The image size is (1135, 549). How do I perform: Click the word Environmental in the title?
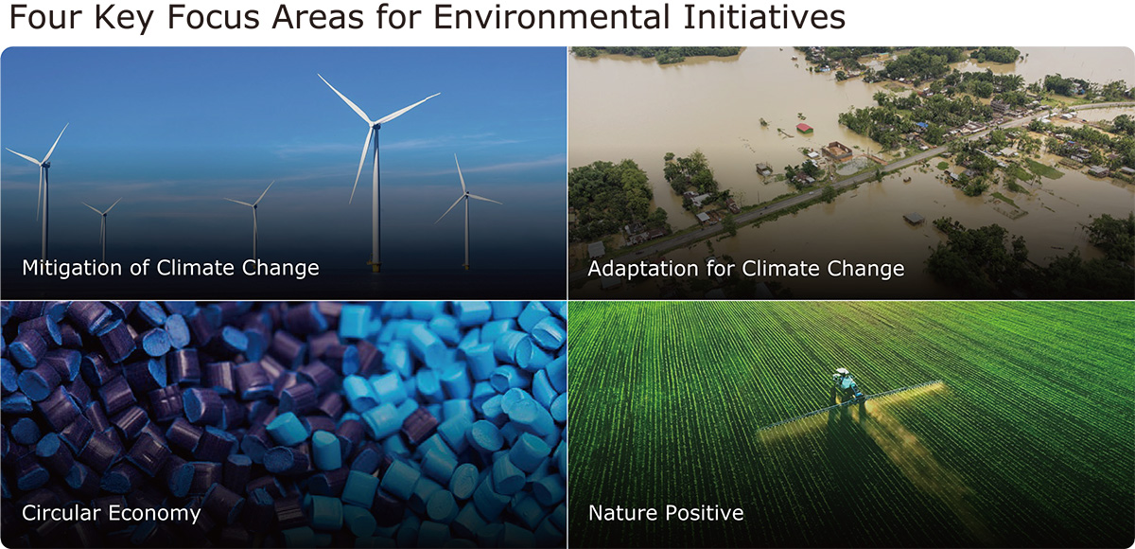[x=552, y=17]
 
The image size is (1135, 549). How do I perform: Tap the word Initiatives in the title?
[x=764, y=17]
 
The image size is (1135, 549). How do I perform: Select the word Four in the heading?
[x=45, y=17]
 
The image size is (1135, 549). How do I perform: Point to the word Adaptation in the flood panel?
[x=643, y=269]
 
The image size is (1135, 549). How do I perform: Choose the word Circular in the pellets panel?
[x=61, y=513]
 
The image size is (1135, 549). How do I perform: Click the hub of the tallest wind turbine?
[x=375, y=125]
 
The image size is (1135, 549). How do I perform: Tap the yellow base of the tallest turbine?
[x=375, y=265]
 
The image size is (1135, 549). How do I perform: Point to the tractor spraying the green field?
[x=847, y=386]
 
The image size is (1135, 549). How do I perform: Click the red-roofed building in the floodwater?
[x=805, y=128]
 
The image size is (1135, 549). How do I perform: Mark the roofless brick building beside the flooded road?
[x=837, y=151]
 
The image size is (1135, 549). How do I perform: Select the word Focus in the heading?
[x=214, y=17]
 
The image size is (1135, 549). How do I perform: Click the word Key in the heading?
[x=124, y=19]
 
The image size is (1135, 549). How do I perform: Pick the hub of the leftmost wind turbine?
[x=44, y=164]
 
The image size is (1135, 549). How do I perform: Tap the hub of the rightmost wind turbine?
[x=466, y=194]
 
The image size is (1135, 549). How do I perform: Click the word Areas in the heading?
[x=318, y=17]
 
